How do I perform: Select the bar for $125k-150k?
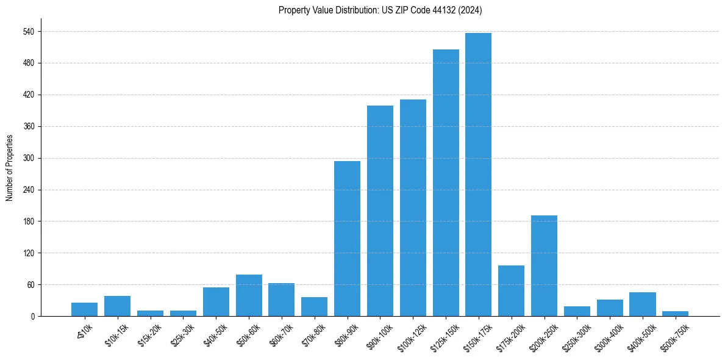coord(446,183)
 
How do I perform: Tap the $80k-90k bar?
coord(347,239)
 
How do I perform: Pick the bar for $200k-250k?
coord(544,266)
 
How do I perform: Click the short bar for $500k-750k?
coord(675,314)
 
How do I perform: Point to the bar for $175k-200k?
coord(511,291)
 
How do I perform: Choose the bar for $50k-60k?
coord(249,295)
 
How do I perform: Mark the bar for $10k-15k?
coord(117,306)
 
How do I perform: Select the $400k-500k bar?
coord(642,304)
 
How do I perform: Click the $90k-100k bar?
coord(380,211)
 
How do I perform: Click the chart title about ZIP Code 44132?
coord(380,10)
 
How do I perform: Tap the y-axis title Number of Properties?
coord(10,168)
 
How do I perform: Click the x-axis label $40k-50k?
coord(214,334)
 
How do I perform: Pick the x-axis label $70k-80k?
coord(313,334)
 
